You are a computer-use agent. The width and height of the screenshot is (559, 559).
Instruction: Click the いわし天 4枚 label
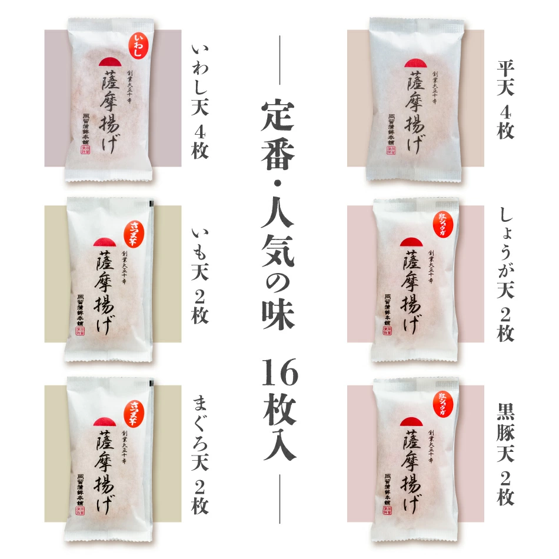click(200, 102)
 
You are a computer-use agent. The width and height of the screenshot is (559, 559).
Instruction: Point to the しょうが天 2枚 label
click(505, 274)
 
